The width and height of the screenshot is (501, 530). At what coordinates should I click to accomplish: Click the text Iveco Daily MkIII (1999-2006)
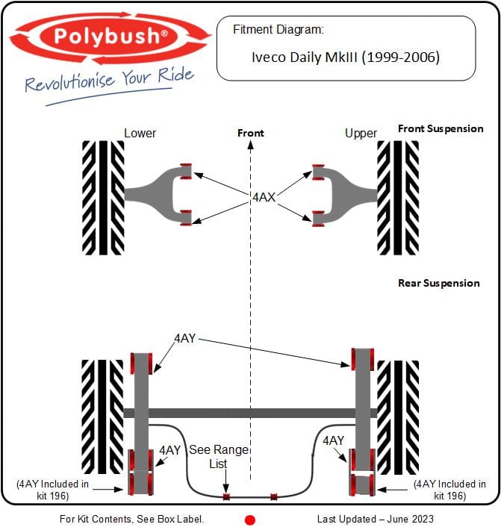point(346,57)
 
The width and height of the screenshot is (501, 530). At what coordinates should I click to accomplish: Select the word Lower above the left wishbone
point(140,133)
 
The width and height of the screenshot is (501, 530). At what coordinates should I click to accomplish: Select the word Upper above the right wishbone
point(361,133)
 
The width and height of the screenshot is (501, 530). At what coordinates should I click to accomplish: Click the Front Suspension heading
point(440,128)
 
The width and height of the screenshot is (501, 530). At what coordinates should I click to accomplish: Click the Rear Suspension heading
point(438,283)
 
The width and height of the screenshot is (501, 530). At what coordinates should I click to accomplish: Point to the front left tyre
point(103,198)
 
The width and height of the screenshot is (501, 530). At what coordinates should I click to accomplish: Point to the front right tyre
point(397,198)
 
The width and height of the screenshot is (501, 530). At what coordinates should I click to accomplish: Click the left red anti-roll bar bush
point(225,496)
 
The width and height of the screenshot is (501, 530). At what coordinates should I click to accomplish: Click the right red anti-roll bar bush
point(273,496)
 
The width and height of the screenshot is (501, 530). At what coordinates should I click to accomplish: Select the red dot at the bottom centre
point(250,520)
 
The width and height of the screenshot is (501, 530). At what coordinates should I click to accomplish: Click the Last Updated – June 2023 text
point(375,519)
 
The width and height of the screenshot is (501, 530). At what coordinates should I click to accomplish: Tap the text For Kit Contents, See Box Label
point(131,519)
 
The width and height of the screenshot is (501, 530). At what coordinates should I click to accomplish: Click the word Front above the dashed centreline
point(250,133)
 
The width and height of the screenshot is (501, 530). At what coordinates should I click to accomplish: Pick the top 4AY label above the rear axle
point(184,338)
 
